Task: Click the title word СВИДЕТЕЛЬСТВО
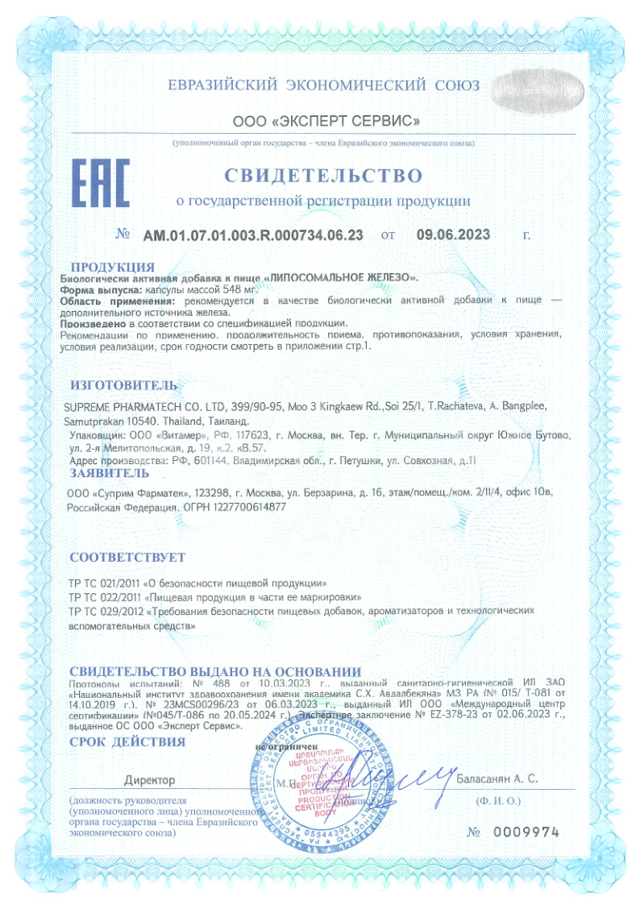[x=322, y=175]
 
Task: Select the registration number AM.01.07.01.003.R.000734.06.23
[x=253, y=235]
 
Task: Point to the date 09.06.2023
[x=453, y=235]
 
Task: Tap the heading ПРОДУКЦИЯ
[x=112, y=267]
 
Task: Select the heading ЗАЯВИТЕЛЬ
[x=110, y=472]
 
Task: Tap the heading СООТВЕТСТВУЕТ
[x=127, y=558]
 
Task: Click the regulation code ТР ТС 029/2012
[x=104, y=612]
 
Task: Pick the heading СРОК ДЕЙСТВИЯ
[x=127, y=741]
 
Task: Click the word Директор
[x=149, y=780]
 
